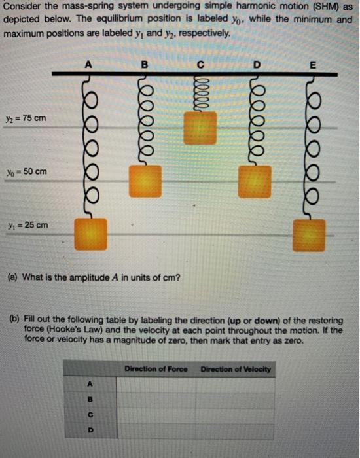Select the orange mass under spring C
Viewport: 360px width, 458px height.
[x=200, y=128]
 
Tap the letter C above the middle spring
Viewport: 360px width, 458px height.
[x=200, y=64]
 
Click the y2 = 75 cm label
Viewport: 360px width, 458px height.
[x=25, y=118]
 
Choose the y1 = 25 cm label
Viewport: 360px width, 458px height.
[x=25, y=226]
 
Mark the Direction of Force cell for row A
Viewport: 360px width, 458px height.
[x=156, y=383]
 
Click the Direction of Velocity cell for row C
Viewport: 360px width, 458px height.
[x=236, y=414]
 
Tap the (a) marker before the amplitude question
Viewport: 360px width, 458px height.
[x=12, y=277]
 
